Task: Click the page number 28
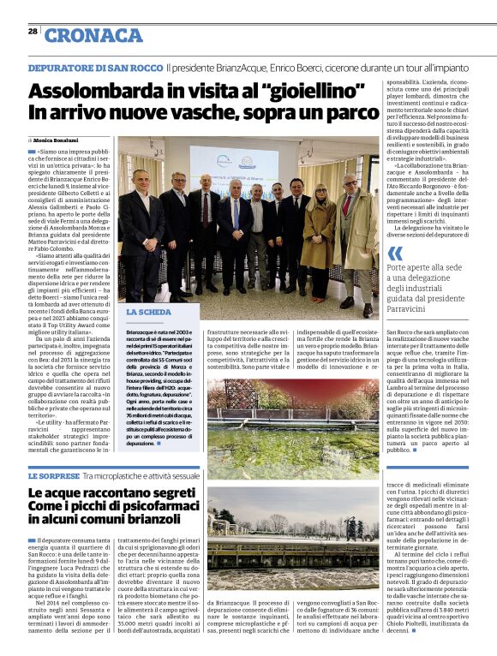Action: coord(32,32)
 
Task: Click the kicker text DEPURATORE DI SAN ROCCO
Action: coord(94,67)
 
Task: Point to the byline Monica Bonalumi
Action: coord(57,139)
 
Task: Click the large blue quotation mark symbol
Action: coord(394,253)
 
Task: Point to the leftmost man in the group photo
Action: coord(141,223)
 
